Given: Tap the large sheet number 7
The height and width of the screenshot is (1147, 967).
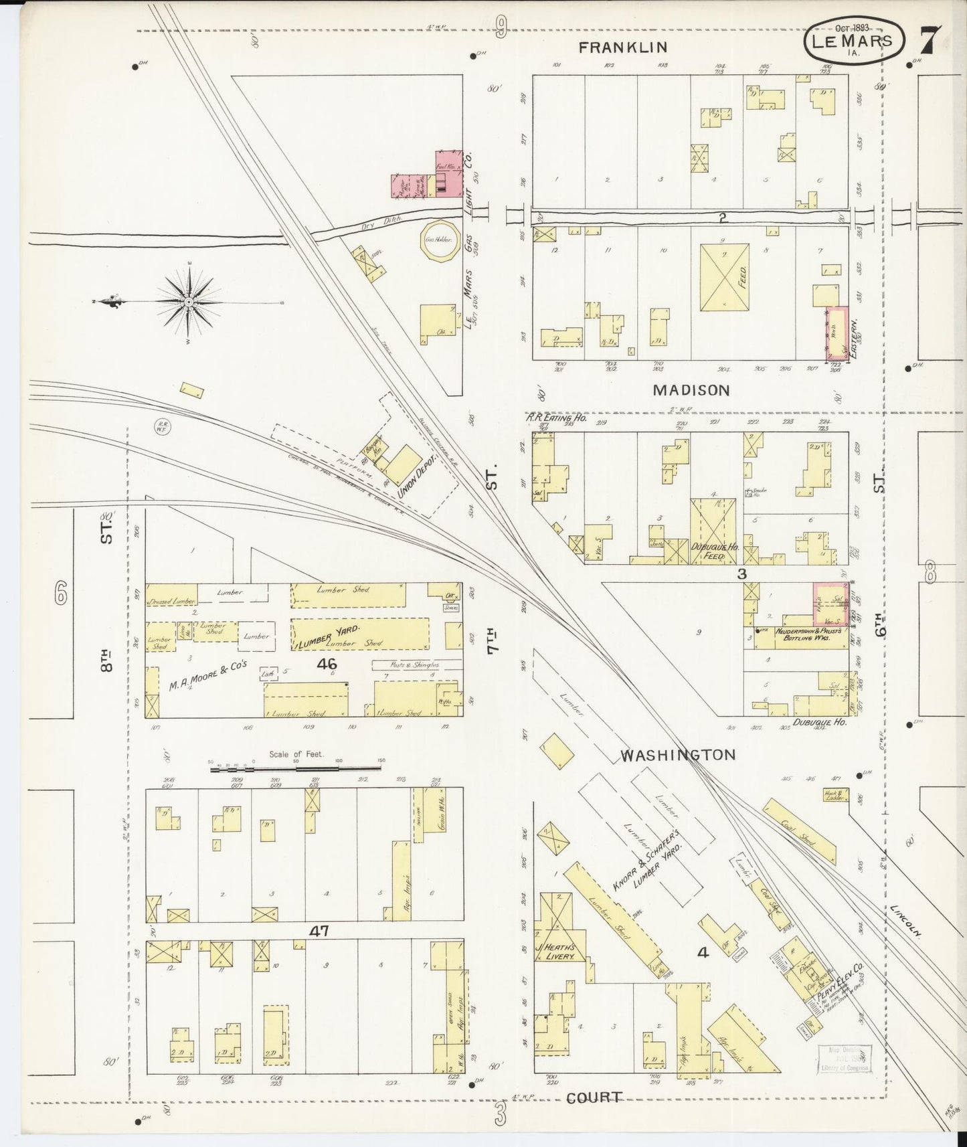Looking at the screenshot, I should [x=930, y=41].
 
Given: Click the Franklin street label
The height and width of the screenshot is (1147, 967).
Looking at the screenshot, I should [x=623, y=47].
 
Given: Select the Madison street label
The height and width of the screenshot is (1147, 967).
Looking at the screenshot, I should [x=691, y=390].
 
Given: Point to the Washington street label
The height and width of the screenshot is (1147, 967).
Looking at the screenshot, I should [x=678, y=755].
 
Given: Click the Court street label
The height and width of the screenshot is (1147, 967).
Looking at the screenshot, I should [x=594, y=1097].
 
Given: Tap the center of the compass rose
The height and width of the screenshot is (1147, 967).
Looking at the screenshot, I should [x=190, y=302].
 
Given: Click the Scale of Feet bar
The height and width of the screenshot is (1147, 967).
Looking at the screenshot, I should [x=296, y=770].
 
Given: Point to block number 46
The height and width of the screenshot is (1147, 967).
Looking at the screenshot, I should [x=327, y=664].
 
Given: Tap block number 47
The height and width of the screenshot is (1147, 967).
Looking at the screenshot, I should [x=319, y=931].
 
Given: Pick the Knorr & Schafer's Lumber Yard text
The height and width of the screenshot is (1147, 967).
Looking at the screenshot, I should [x=651, y=871].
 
